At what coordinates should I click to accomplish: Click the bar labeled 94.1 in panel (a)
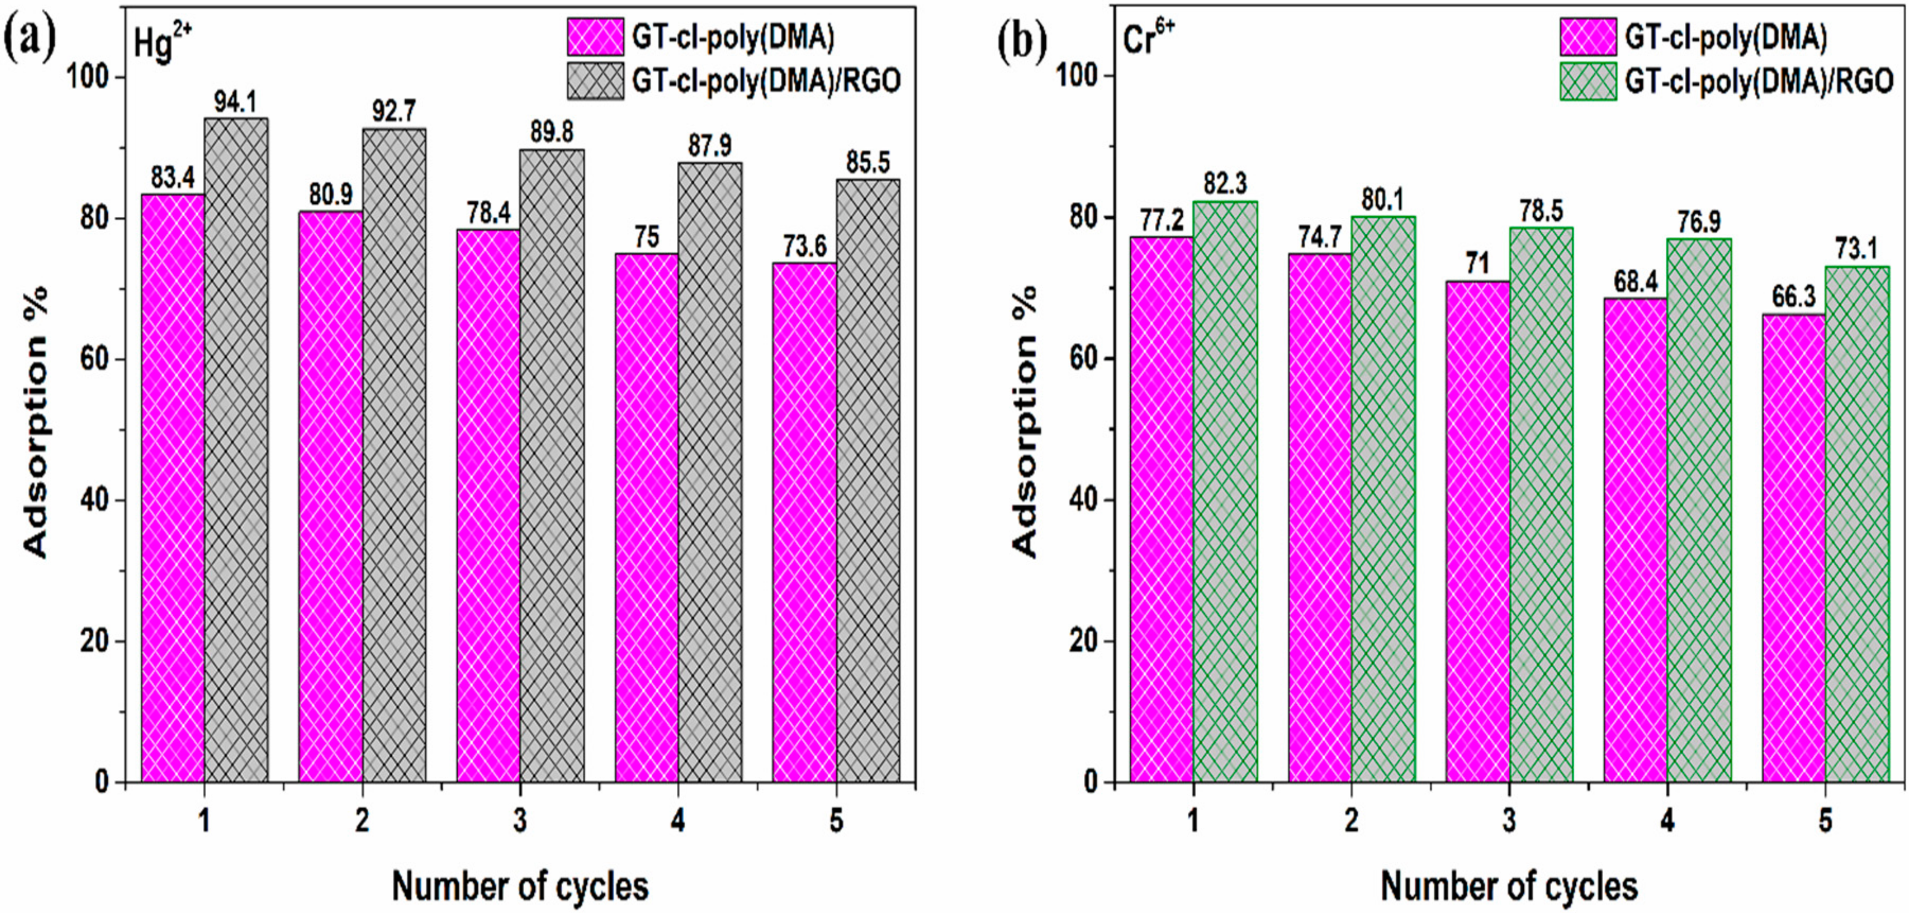[236, 449]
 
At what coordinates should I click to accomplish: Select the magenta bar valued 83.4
[173, 487]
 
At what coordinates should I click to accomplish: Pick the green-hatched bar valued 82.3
[1225, 491]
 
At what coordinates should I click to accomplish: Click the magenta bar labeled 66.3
[1793, 548]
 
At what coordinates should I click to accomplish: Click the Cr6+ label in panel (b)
[1148, 40]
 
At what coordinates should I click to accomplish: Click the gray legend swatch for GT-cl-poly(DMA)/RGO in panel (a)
[595, 80]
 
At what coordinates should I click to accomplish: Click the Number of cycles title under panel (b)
[1509, 885]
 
